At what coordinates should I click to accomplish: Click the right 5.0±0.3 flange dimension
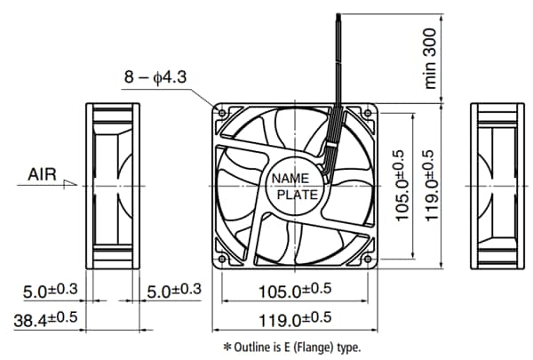[174, 290]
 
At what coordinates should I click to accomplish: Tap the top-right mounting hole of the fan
[370, 112]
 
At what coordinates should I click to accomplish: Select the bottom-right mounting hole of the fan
[370, 259]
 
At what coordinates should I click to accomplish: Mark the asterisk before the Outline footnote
[227, 347]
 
